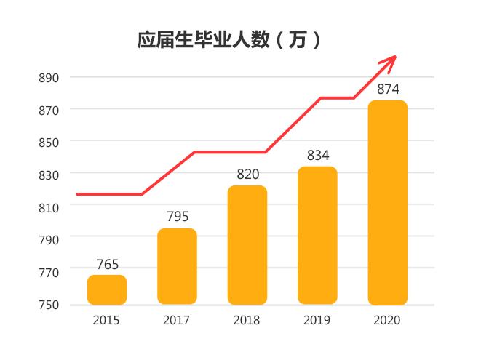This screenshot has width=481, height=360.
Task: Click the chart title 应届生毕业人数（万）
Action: point(229,39)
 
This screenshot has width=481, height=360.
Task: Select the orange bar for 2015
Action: point(107,289)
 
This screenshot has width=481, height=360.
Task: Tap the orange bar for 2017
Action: point(177,266)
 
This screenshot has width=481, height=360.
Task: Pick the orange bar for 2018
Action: point(247,245)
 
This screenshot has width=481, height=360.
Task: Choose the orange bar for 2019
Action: point(317,235)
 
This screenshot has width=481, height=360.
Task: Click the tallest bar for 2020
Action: point(387,202)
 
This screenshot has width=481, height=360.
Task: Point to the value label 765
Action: point(107,265)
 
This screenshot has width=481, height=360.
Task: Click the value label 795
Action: point(177,217)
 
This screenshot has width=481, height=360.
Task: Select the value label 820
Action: point(247,175)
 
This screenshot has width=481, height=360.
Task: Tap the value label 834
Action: point(317,156)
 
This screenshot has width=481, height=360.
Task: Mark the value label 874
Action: point(387,89)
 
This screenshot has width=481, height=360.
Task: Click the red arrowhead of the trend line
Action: point(390,60)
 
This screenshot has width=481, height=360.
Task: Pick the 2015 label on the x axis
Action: point(106,320)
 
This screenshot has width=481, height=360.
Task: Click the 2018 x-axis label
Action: point(247,320)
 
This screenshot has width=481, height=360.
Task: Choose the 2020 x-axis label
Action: point(386,320)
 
